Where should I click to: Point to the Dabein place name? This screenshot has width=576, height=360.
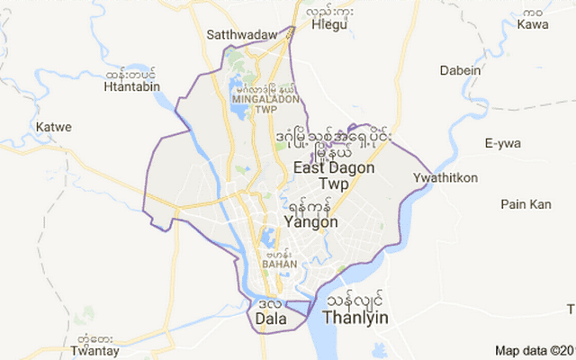pyautogui.click(x=461, y=70)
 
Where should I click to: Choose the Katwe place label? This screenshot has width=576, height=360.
pyautogui.click(x=53, y=127)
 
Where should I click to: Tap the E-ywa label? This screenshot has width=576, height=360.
pyautogui.click(x=503, y=143)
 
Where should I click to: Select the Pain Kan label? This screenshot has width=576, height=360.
pyautogui.click(x=526, y=204)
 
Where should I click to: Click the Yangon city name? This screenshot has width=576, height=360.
pyautogui.click(x=310, y=221)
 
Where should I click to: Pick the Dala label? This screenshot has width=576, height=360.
pyautogui.click(x=271, y=319)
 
